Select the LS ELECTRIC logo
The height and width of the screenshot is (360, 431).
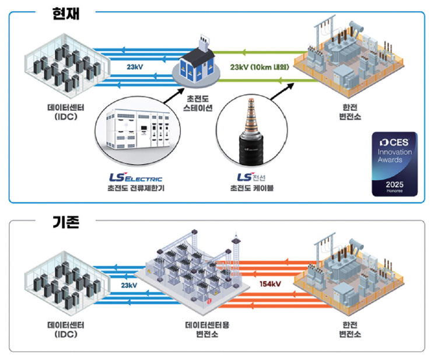135,177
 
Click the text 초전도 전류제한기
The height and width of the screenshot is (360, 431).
135,188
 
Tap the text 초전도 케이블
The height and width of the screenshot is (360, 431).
253,188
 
